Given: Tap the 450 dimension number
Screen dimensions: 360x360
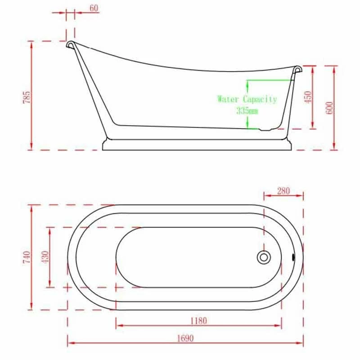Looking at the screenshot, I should click(308, 97).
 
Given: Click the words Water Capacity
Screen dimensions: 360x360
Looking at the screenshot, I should click(247, 99).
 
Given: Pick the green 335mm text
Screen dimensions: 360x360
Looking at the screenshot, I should click(247, 110).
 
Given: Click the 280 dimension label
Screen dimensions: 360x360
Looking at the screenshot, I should click(283, 191).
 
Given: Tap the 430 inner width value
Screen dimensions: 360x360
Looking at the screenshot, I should click(44, 257).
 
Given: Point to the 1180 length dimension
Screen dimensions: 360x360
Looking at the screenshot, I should click(198, 321).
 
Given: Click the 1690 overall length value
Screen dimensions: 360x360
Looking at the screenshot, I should click(184, 338).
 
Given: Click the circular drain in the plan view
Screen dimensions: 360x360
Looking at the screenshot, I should click(264, 257).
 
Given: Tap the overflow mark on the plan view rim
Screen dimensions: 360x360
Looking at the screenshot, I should click(293, 257).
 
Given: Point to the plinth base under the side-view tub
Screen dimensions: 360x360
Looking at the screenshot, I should click(198, 145).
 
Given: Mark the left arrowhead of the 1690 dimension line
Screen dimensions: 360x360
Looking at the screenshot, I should click(70, 344).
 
